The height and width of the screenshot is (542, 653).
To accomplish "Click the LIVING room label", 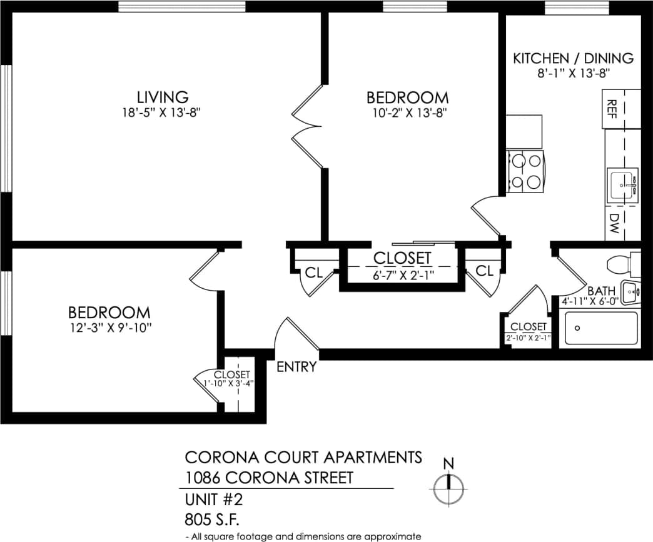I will [x=163, y=97].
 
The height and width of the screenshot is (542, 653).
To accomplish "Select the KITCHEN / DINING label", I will [x=573, y=58].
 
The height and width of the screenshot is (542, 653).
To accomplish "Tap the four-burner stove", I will [x=525, y=172].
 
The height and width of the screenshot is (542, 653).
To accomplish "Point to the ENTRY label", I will [x=296, y=367].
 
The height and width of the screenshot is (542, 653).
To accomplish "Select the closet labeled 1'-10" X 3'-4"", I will [x=233, y=388].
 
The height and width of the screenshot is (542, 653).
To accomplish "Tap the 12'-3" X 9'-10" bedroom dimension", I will [x=109, y=327].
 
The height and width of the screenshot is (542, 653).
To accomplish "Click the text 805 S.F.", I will [x=213, y=519].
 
